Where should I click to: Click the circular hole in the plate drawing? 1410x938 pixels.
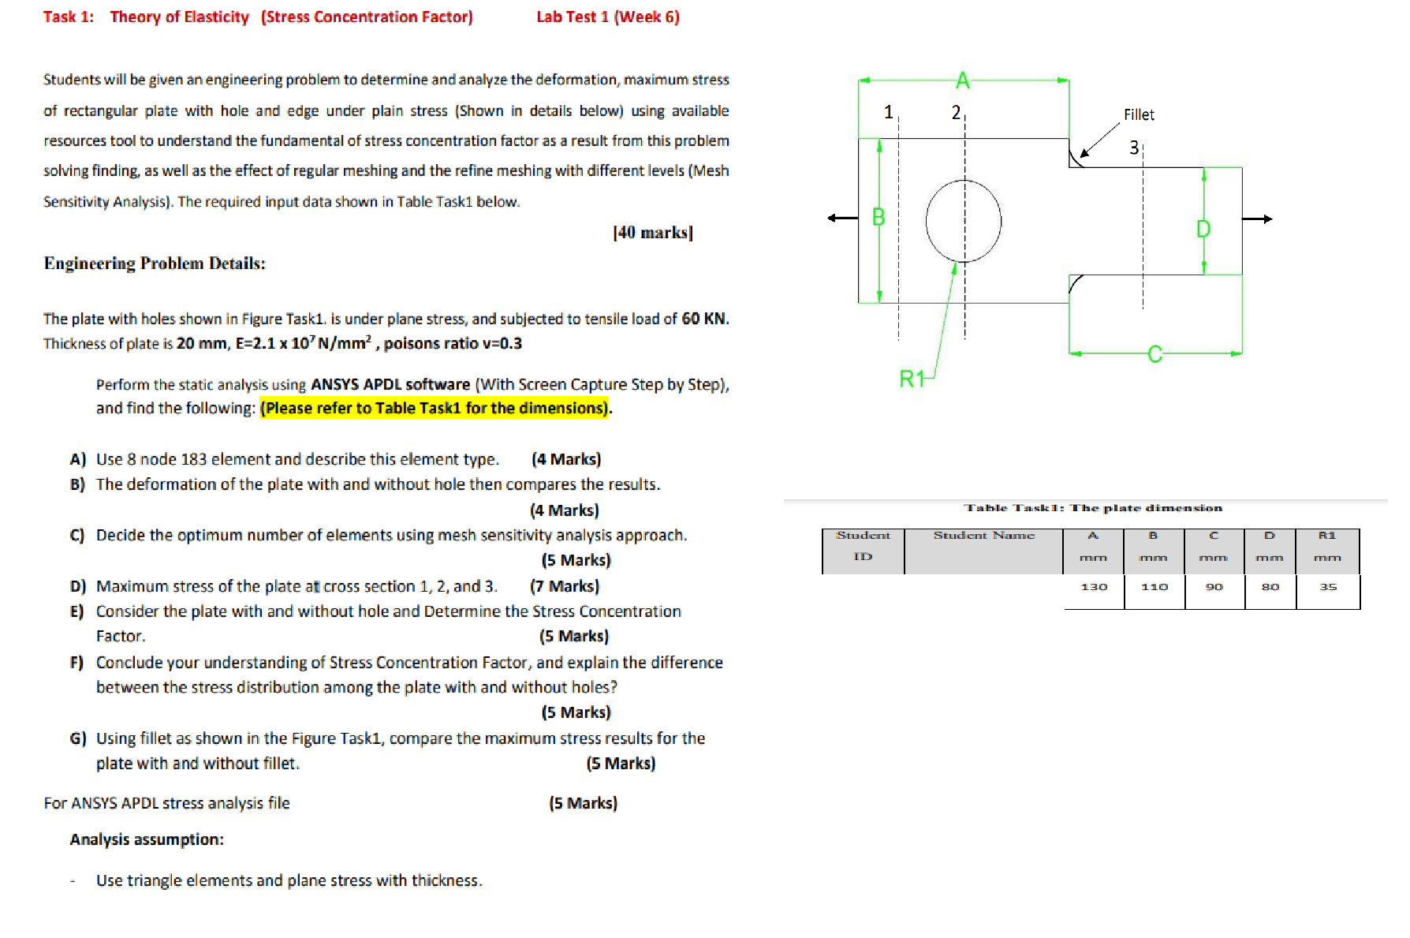point(963,221)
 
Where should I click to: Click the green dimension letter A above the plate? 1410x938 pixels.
point(963,80)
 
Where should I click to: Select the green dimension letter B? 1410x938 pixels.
point(878,217)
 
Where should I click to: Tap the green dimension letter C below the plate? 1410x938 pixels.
point(1154,354)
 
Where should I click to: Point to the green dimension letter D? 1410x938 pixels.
point(1203,229)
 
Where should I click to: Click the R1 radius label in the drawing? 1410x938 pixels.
point(912,379)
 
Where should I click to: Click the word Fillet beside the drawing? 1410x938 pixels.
point(1139,115)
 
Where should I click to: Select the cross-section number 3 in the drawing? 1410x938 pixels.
point(1134,148)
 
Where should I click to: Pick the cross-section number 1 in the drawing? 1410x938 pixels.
point(889,112)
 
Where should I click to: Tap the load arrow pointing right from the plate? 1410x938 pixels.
point(1258,219)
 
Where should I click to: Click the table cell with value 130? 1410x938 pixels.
point(1094,587)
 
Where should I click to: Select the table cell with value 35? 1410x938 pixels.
point(1328,587)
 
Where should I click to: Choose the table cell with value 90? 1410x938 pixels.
point(1214,587)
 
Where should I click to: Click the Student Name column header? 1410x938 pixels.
point(983,536)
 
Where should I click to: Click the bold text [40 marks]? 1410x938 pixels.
point(652,233)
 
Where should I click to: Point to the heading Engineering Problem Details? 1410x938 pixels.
point(155,263)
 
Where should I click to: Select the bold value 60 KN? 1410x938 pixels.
point(704,319)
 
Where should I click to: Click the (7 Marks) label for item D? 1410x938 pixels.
point(565,586)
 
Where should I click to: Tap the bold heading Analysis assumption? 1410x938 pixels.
point(147,839)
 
